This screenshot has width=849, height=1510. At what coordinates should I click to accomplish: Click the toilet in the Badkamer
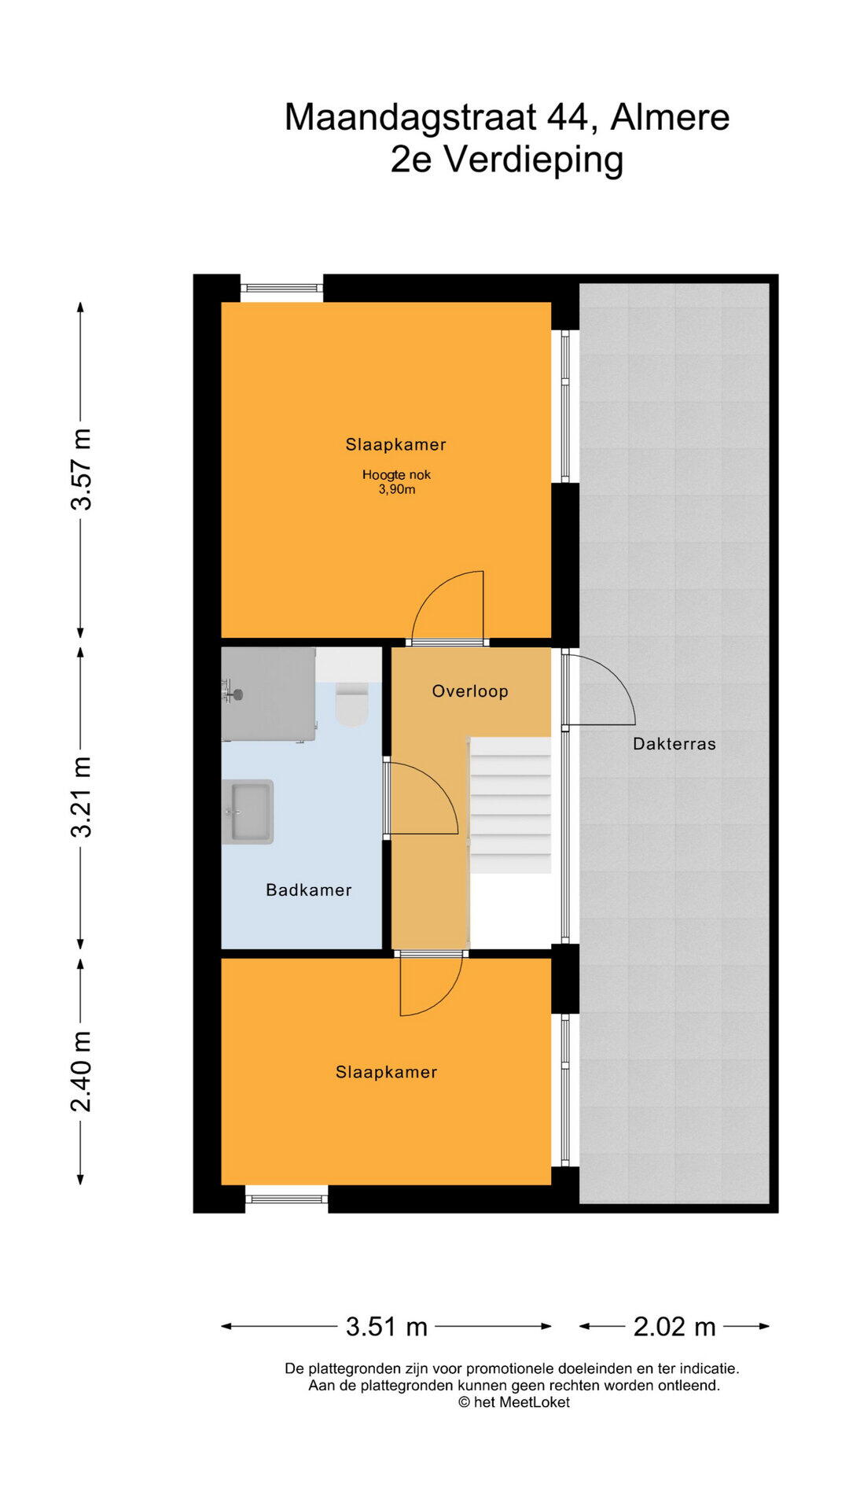click(x=351, y=704)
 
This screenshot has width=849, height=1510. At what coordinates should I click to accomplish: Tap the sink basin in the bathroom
click(x=248, y=812)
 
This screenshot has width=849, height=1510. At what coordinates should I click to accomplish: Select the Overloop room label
click(x=470, y=691)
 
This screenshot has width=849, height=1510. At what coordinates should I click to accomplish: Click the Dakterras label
click(x=674, y=744)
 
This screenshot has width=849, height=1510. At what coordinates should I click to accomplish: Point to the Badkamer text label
click(x=309, y=890)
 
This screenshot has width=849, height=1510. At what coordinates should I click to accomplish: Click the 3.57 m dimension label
click(x=81, y=470)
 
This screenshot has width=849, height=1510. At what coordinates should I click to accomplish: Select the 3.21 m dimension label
click(x=81, y=797)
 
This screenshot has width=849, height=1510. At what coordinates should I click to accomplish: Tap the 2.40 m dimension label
click(x=81, y=1071)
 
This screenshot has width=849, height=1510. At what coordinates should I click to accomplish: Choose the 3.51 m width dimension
click(x=387, y=1327)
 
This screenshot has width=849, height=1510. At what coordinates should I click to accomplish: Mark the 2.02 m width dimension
click(x=674, y=1327)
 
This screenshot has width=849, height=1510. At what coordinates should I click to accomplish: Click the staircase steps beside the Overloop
click(x=510, y=805)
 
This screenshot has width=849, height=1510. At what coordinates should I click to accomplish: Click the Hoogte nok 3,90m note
click(x=396, y=482)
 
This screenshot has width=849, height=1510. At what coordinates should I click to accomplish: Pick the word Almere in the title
click(x=671, y=117)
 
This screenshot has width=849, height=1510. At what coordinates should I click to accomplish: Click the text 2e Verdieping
click(x=507, y=160)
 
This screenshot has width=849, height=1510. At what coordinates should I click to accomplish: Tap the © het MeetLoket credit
click(x=514, y=1402)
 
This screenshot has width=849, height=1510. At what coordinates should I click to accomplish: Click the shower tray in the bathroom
click(x=269, y=694)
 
